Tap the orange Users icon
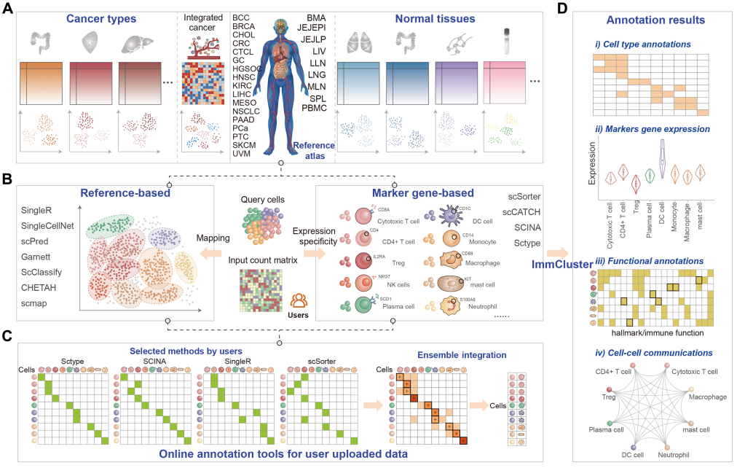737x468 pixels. [299, 300]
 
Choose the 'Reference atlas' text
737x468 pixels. [314, 151]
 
